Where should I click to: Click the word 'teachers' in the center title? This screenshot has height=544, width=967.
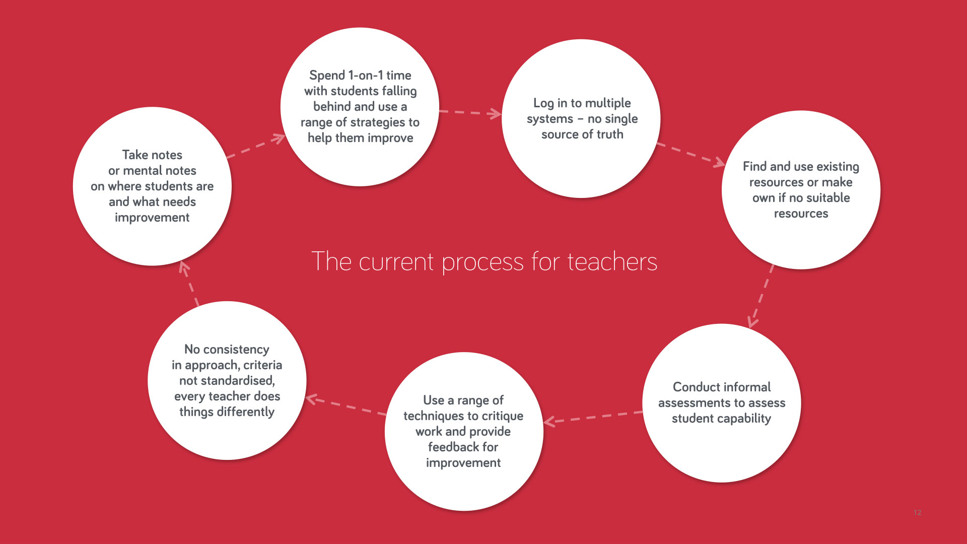(x=612, y=262)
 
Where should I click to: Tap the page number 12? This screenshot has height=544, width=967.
(x=917, y=512)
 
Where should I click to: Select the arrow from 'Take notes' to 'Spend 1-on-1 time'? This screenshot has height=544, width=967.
(x=256, y=146)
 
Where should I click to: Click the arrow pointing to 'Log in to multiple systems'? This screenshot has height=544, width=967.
(x=470, y=113)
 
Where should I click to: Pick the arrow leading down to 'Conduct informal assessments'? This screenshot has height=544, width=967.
(x=761, y=296)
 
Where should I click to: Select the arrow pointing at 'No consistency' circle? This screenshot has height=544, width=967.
(x=346, y=406)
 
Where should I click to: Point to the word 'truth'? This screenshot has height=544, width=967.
(x=610, y=134)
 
